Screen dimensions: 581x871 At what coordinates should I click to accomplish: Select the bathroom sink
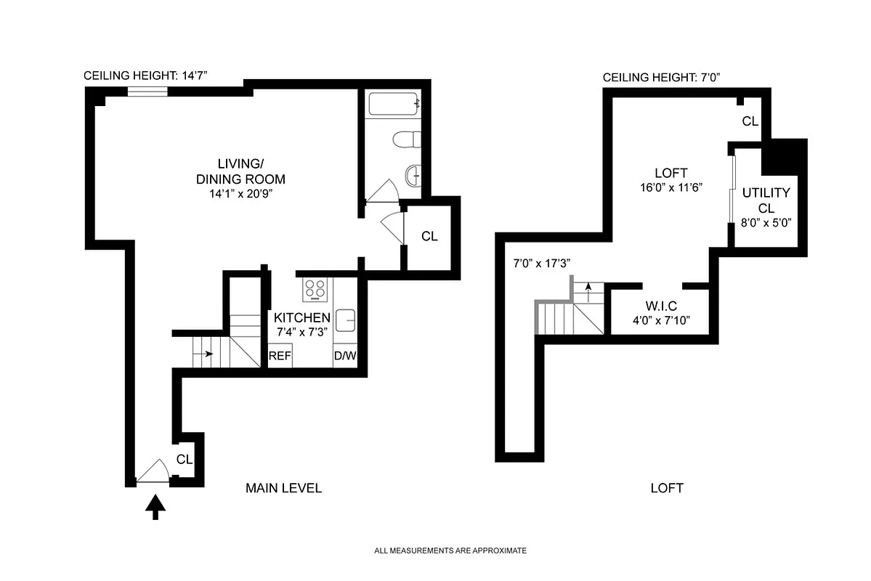[413, 175]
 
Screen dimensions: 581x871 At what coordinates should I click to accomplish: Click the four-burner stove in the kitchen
[315, 289]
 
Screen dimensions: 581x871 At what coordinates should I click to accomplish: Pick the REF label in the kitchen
[280, 357]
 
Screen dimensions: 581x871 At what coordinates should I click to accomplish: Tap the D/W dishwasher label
[344, 357]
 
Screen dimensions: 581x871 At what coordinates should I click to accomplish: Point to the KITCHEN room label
[301, 317]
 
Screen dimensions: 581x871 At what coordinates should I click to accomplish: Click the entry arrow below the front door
[155, 506]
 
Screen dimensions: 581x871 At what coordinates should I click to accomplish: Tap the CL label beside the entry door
[185, 459]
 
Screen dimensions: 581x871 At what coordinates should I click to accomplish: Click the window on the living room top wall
[147, 92]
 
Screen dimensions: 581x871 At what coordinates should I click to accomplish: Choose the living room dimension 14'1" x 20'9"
[240, 194]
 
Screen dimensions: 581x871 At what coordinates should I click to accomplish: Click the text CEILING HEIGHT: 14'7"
[150, 75]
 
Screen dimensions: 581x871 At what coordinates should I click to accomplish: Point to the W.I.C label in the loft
[660, 306]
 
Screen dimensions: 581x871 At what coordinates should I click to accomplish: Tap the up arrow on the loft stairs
[588, 288]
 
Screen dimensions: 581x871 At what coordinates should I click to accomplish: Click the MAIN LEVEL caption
[283, 488]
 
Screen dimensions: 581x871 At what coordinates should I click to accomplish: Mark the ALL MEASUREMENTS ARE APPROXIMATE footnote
[450, 551]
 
